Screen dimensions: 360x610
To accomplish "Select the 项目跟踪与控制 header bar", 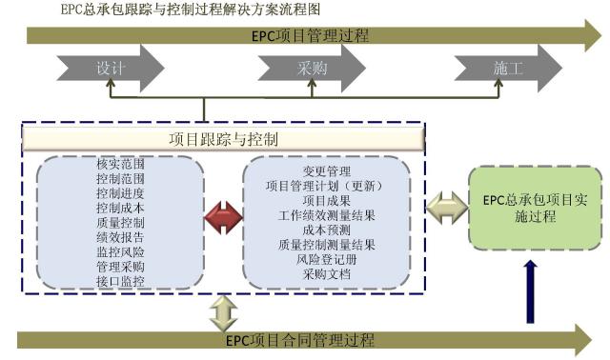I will pos(223,139).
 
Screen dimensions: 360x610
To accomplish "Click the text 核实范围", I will pos(120,165).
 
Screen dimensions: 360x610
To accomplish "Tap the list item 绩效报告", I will pos(120,238).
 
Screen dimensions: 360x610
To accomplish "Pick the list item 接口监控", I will pos(120,281).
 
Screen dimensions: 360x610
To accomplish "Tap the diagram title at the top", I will pos(177,10).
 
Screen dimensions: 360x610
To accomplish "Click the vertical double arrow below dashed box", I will pos(221,310).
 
